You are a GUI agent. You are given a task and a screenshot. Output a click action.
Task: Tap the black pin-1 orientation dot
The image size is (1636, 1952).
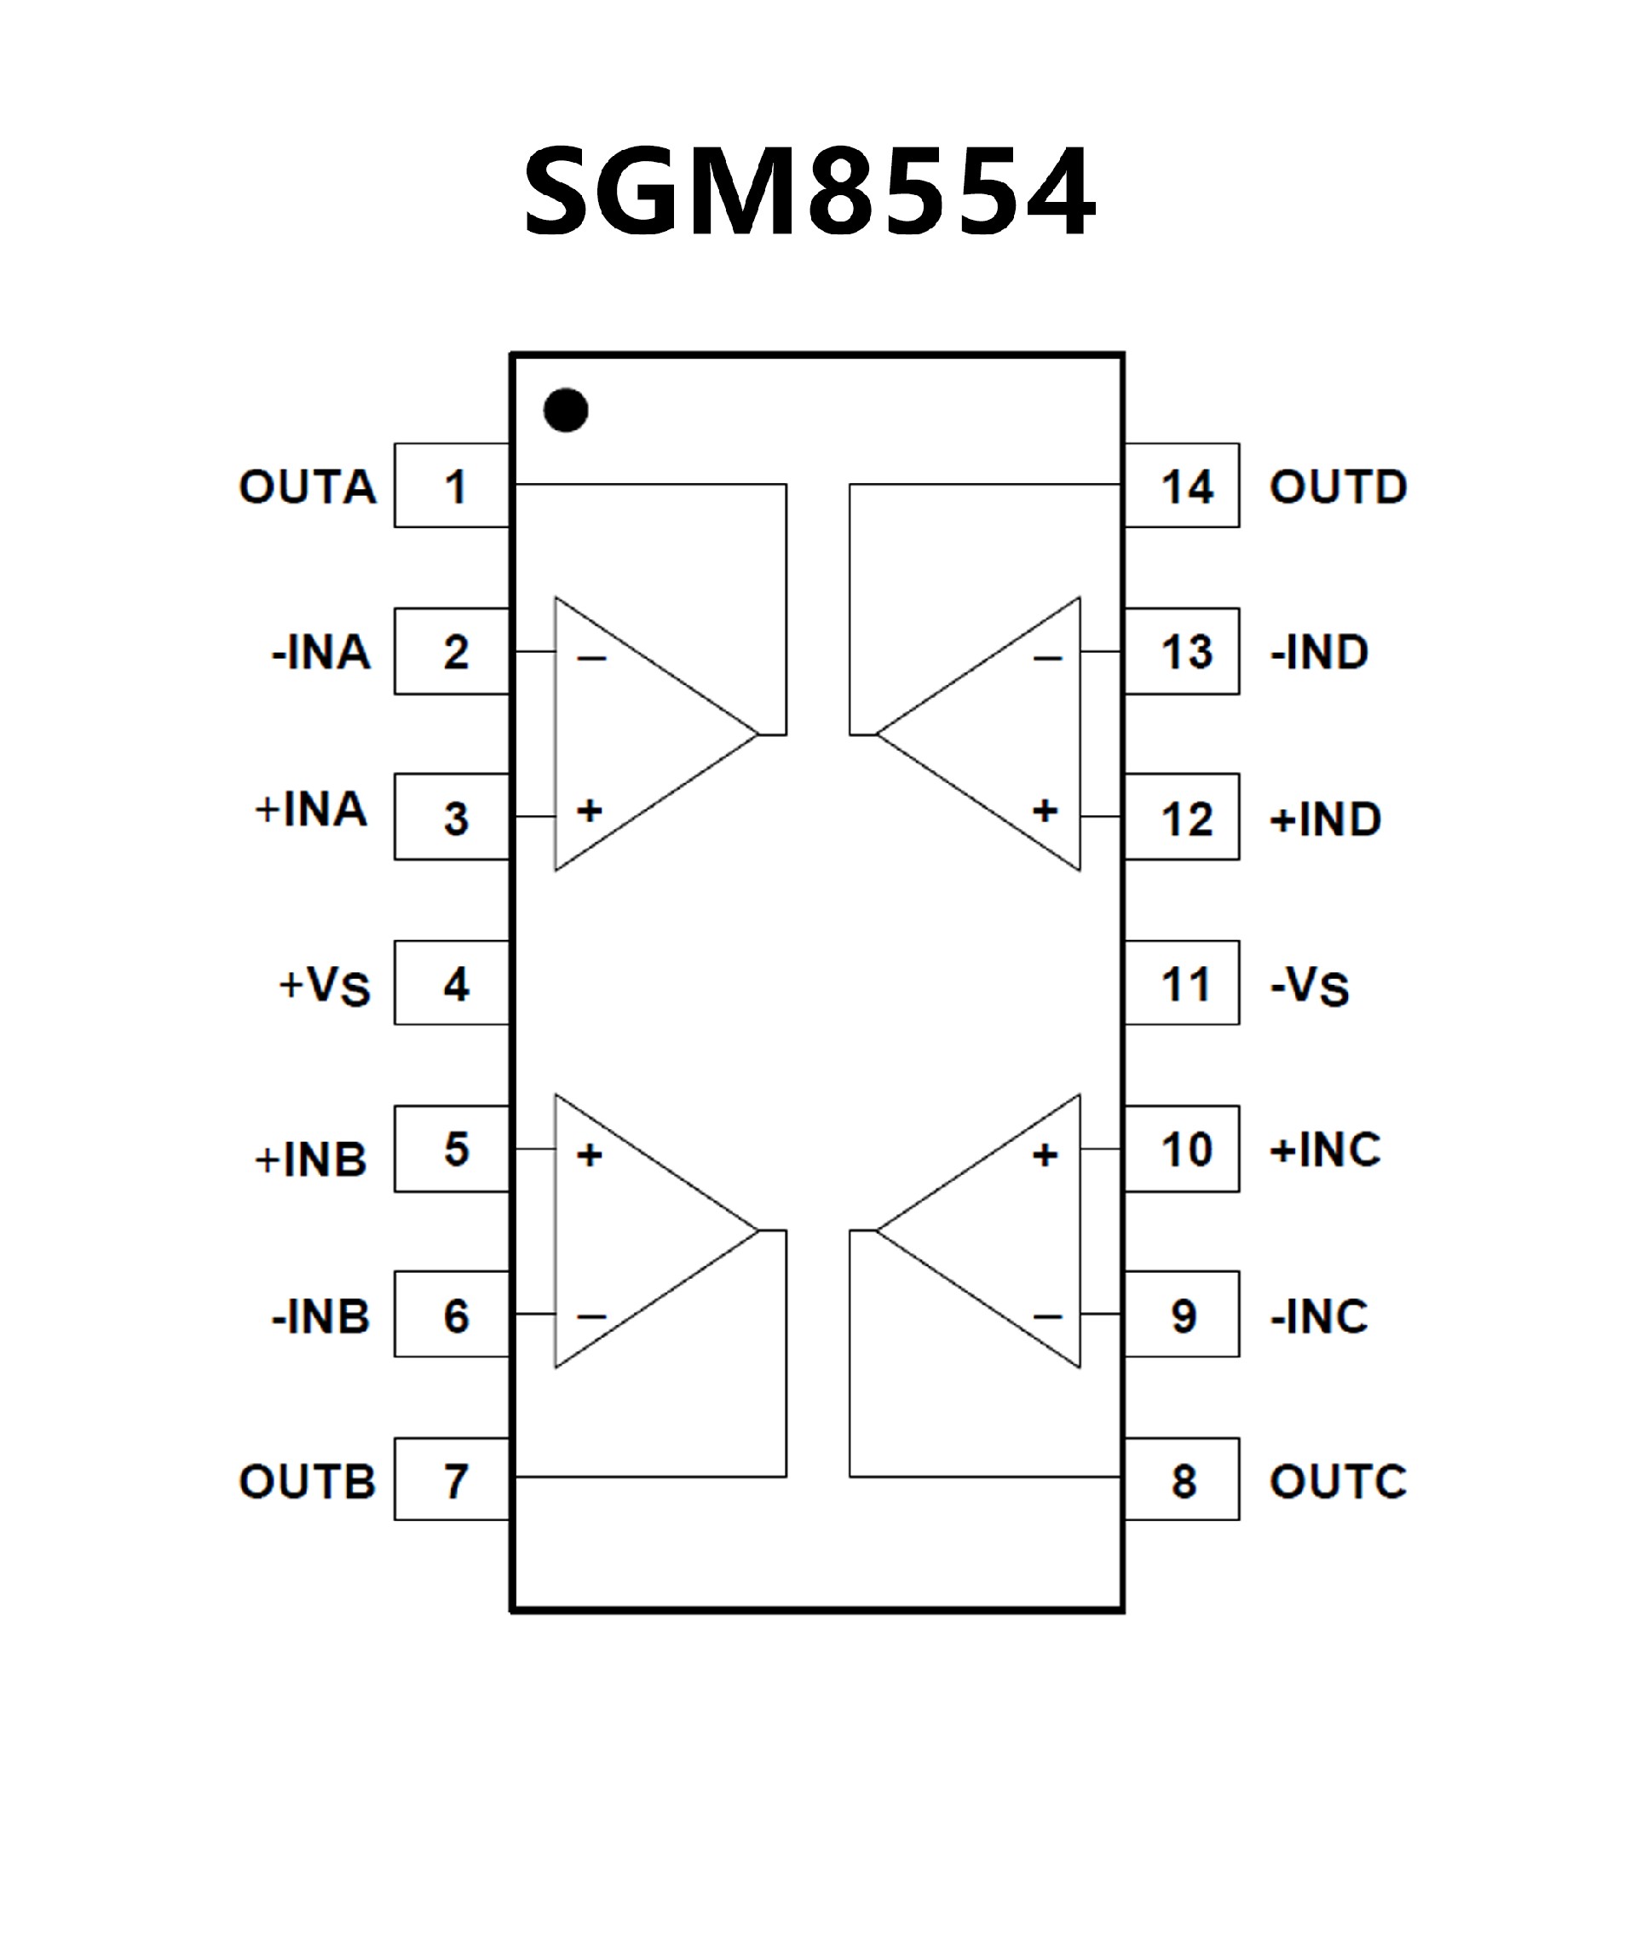click(565, 410)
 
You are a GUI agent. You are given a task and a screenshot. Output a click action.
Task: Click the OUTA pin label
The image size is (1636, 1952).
click(308, 487)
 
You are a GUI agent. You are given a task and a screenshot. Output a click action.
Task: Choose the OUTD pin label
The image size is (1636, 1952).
click(1338, 487)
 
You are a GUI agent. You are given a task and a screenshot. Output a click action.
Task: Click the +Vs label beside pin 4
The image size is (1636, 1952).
click(325, 985)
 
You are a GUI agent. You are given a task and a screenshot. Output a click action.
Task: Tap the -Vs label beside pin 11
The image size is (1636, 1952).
click(1309, 985)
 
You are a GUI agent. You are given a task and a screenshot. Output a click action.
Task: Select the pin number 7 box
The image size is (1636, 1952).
click(452, 1481)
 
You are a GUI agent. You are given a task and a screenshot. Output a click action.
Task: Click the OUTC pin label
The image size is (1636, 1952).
click(1338, 1482)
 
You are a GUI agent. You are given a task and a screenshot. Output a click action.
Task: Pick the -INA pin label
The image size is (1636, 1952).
click(320, 653)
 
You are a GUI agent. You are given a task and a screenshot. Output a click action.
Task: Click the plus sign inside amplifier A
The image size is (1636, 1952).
click(590, 810)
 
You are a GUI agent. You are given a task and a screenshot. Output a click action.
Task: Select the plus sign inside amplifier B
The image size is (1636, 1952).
click(590, 1155)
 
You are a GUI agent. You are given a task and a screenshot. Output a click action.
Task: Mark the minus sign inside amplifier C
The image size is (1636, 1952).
click(1046, 1316)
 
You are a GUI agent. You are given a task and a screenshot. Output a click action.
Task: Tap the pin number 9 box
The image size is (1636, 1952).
click(1183, 1316)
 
